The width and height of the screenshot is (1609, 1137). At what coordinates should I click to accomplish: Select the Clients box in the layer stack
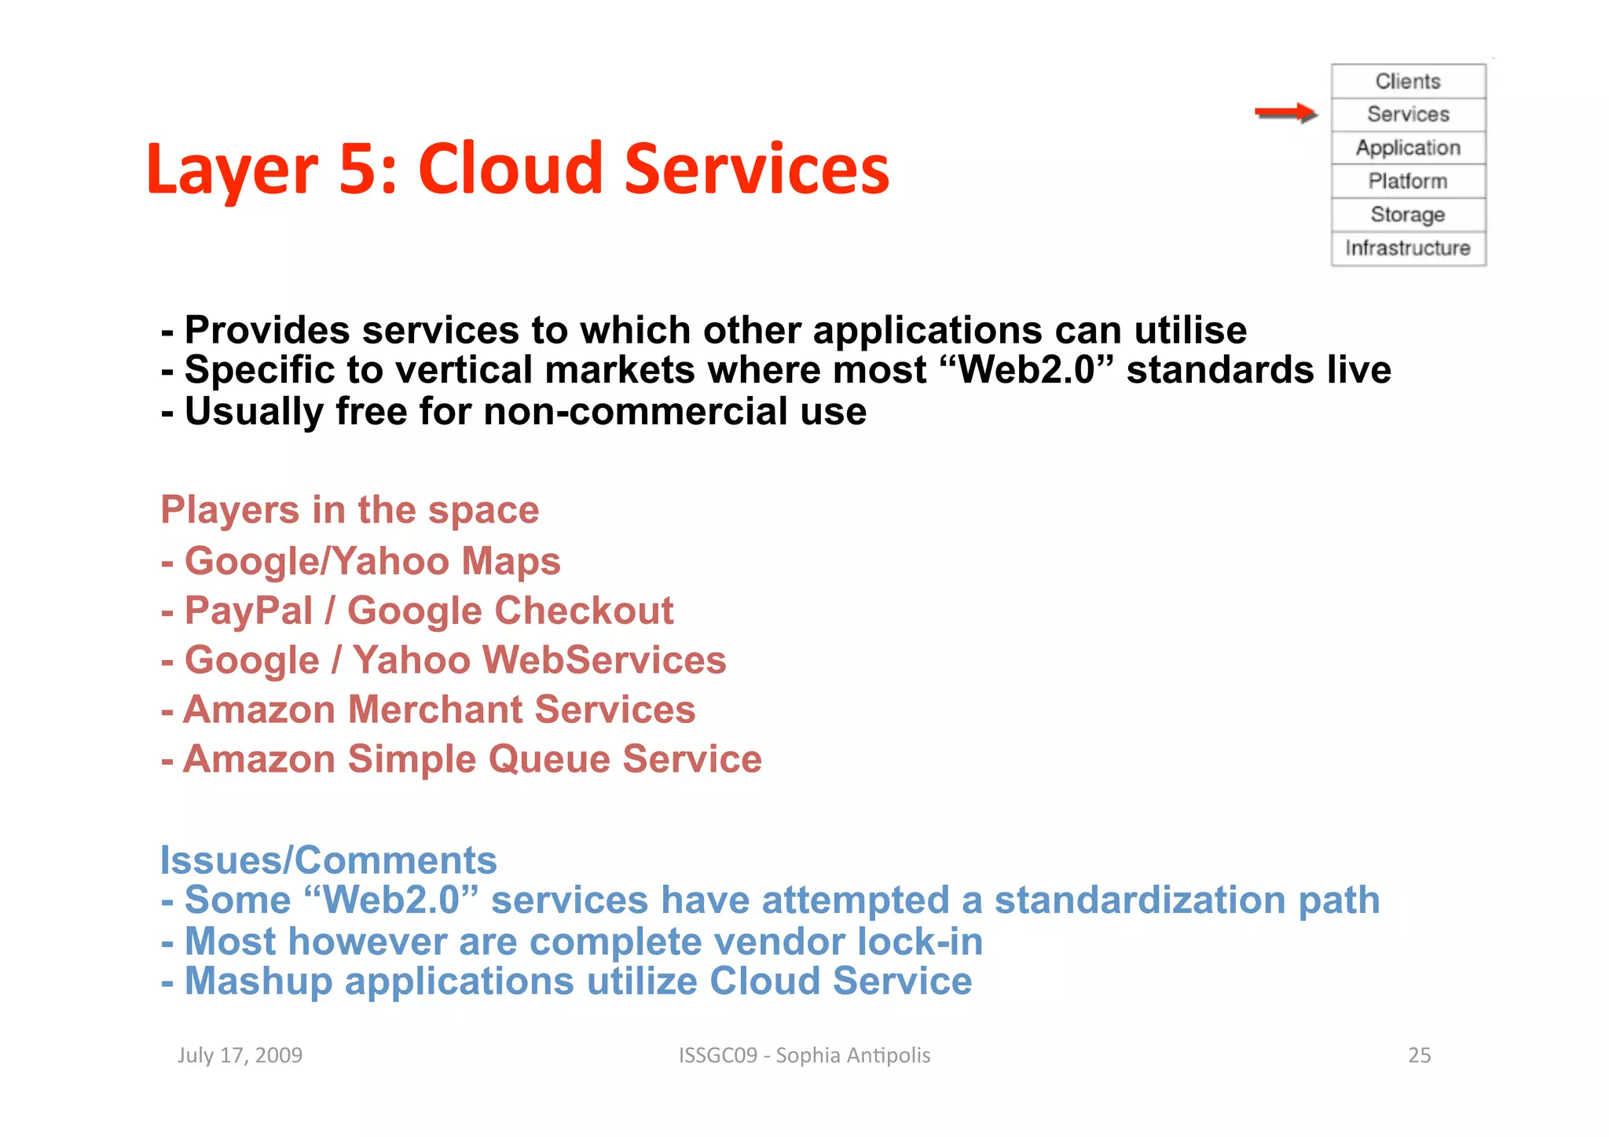pos(1408,81)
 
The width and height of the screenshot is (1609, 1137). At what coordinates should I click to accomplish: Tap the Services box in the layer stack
pos(1408,114)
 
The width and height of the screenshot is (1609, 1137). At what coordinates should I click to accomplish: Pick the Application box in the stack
pos(1408,148)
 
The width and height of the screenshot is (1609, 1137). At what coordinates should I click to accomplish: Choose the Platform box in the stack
pos(1408,181)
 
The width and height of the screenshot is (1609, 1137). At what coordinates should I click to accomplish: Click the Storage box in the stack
pos(1408,215)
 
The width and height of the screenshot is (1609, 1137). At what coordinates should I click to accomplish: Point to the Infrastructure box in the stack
pos(1408,248)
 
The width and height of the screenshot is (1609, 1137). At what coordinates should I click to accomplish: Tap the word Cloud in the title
pos(510,169)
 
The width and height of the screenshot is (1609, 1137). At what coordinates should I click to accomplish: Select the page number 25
pos(1419,1054)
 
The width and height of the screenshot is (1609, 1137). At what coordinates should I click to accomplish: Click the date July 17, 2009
pos(240,1054)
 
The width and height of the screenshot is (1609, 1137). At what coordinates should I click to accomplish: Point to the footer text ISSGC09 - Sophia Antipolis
pos(804,1054)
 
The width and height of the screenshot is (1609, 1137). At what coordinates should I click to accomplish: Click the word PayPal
pos(248,611)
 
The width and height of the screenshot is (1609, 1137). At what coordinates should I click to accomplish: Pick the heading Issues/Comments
pos(328,860)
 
